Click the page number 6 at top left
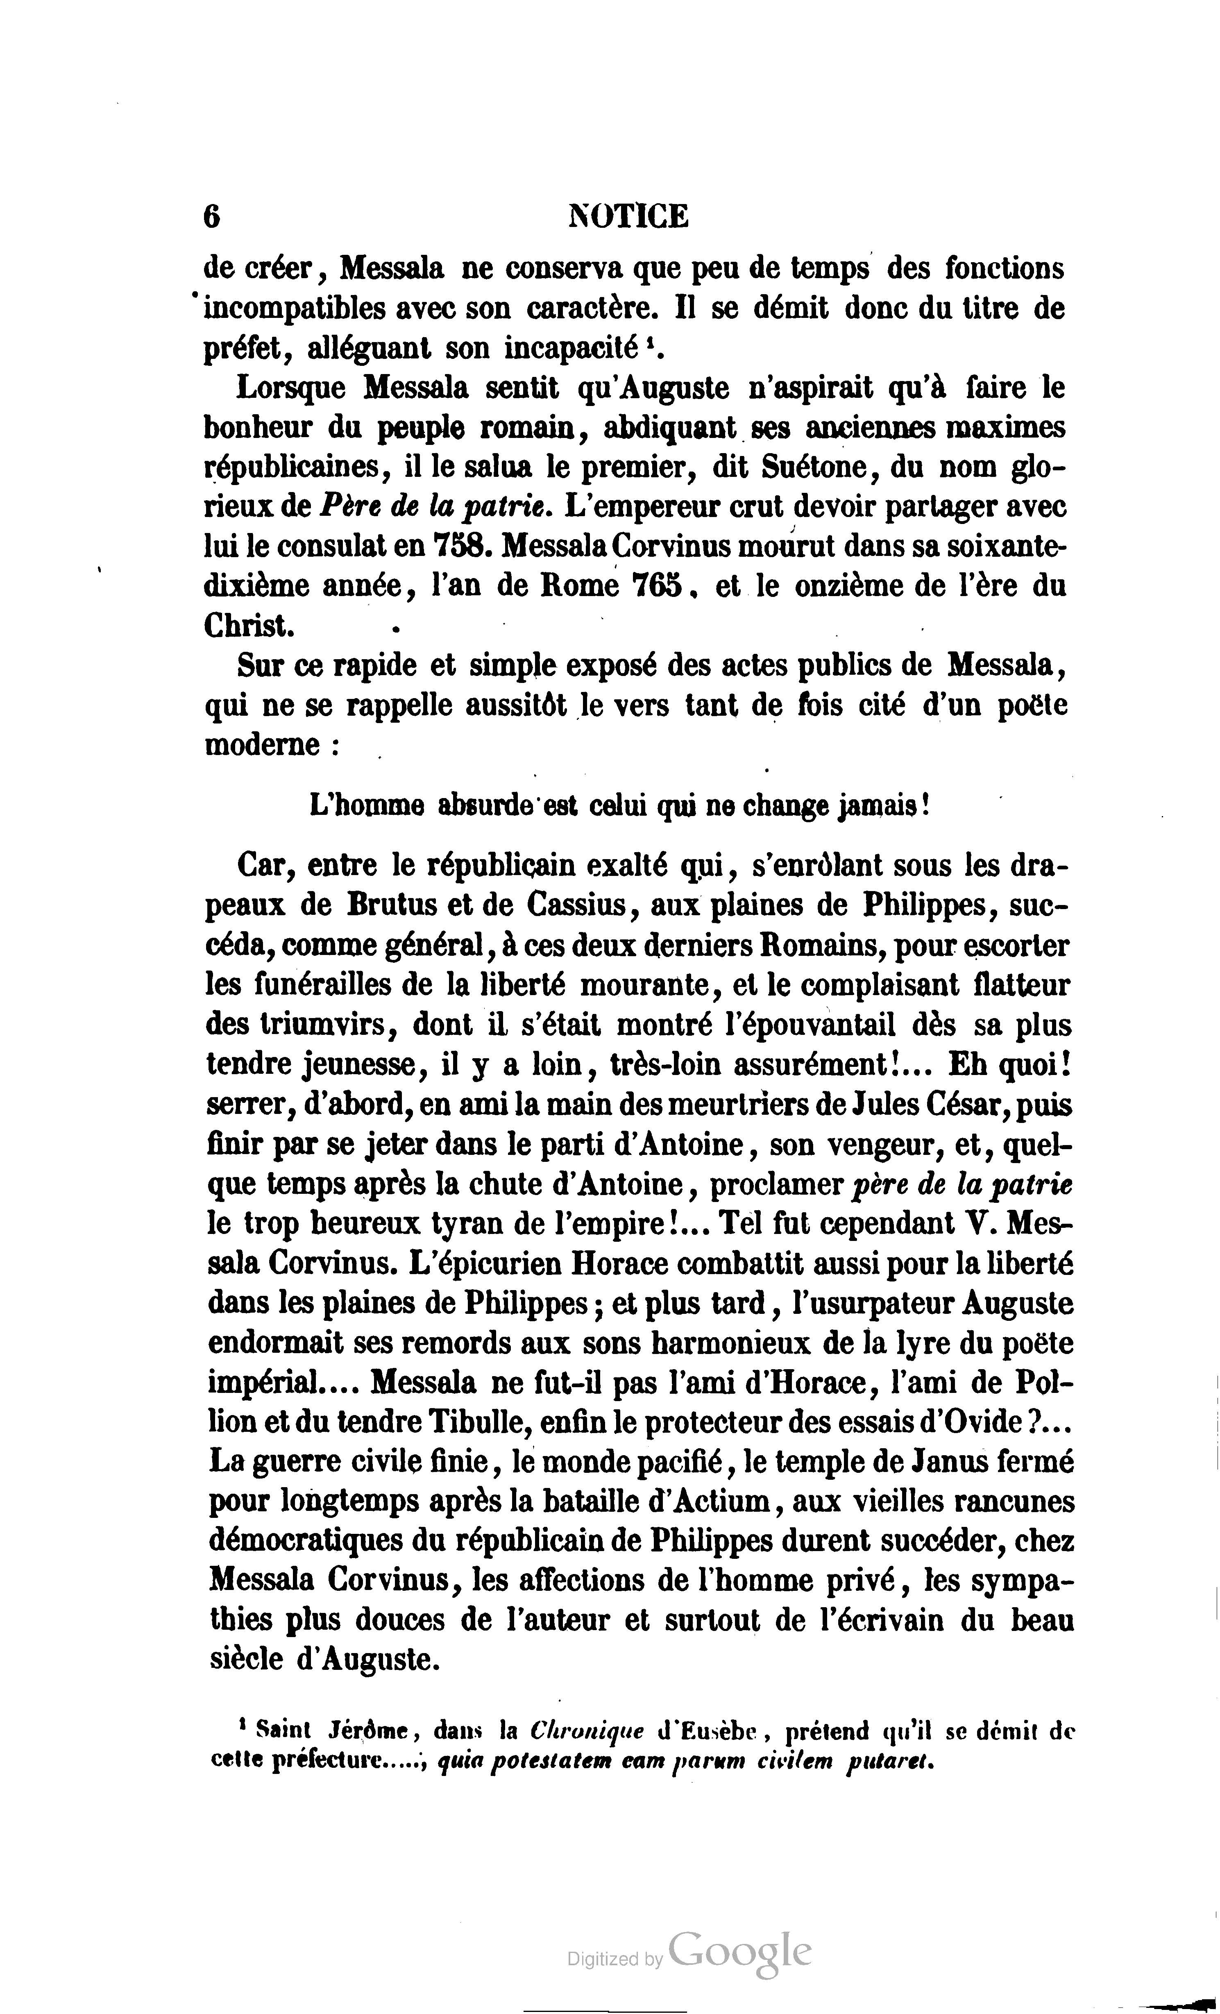(212, 217)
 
